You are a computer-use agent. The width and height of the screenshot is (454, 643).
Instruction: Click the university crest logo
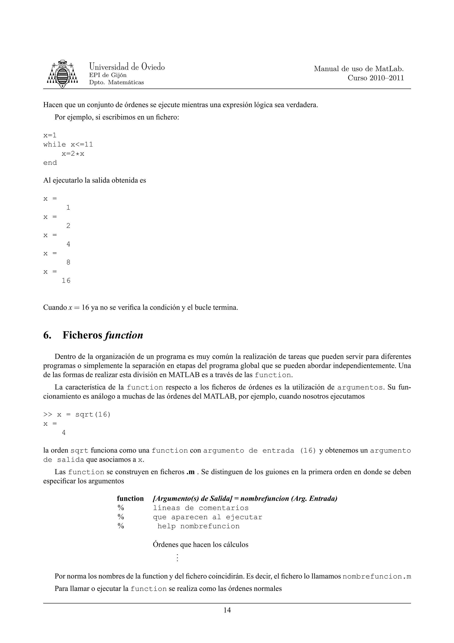point(62,74)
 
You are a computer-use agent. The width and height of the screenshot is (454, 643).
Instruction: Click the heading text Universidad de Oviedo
point(127,67)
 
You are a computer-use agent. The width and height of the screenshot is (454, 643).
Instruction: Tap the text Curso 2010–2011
point(376,78)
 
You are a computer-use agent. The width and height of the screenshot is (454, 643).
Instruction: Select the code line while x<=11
point(68,144)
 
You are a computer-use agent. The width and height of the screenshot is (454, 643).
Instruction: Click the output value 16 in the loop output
point(66,281)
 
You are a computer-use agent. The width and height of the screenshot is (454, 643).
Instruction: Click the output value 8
point(68,262)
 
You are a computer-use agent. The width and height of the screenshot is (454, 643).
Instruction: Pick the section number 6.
point(47,335)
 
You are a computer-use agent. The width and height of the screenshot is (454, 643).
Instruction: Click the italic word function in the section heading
point(123,335)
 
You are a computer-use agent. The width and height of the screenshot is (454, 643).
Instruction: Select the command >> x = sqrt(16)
point(77,414)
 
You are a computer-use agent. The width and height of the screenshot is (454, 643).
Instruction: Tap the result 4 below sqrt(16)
point(64,433)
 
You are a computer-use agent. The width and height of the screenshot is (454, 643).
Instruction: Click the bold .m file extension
point(190,472)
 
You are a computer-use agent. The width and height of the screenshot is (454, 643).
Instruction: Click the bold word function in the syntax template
point(130,499)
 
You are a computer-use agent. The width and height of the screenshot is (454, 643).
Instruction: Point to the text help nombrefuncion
point(198,526)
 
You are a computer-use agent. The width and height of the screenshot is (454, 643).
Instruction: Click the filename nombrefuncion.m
point(376,577)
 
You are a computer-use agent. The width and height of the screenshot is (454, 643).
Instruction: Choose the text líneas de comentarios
point(201,508)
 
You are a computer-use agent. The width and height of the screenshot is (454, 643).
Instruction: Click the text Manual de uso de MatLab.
point(359,69)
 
